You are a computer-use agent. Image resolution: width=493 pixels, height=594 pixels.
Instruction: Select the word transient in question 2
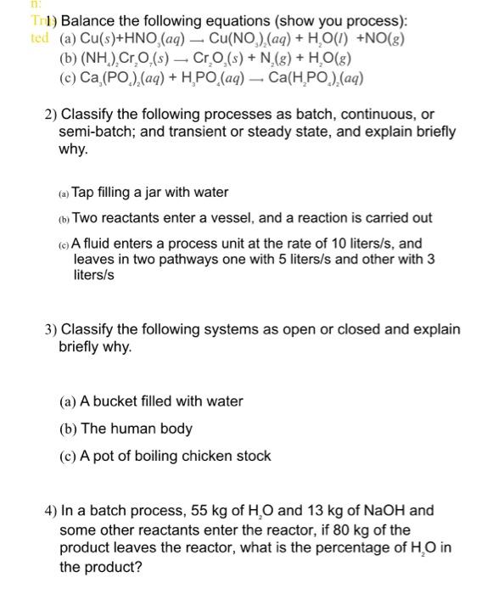coord(202,132)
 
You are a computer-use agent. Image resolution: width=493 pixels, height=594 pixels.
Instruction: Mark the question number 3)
coord(50,329)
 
